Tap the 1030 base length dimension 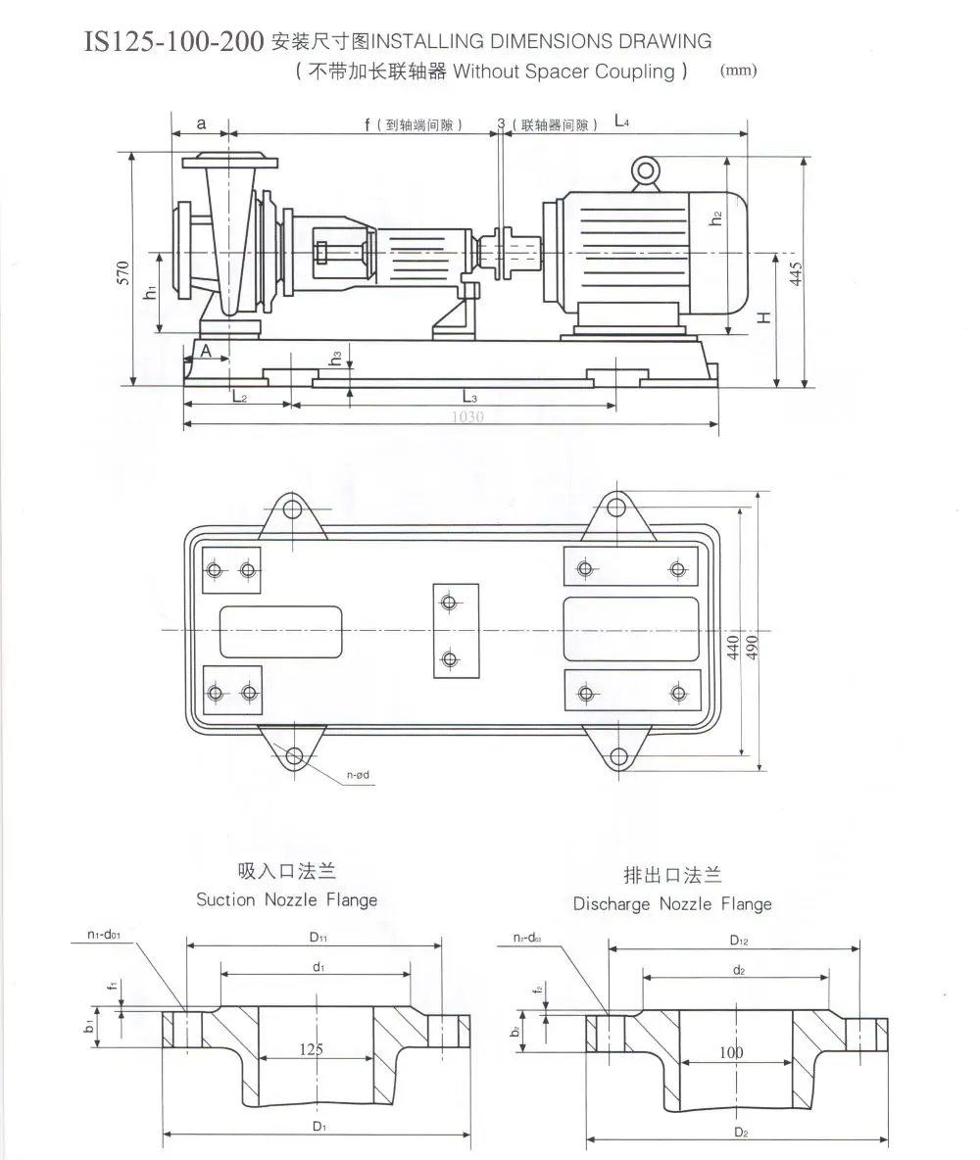coord(466,416)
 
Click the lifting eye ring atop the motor coord(646,171)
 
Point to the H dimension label coord(764,315)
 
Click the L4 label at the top coord(622,121)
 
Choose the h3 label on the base coord(336,359)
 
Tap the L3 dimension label coord(468,397)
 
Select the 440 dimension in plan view coord(732,647)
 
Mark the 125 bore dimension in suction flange coord(311,1049)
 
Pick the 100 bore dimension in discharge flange coord(731,1052)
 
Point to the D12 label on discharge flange coord(738,941)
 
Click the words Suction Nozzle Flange coord(286,899)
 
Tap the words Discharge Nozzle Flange coord(672,904)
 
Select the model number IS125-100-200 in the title coord(174,41)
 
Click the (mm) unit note coord(737,71)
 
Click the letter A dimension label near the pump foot coord(207,350)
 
